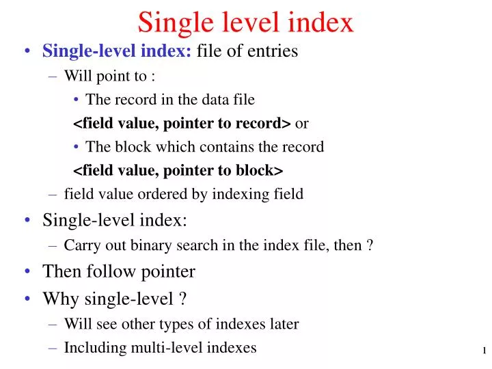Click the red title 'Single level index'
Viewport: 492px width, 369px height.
coord(245,23)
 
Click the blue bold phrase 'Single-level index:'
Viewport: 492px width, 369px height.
coord(117,51)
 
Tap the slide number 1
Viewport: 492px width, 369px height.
coord(484,351)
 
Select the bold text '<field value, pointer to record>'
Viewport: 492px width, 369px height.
coord(182,123)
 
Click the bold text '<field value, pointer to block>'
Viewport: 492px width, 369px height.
coord(178,170)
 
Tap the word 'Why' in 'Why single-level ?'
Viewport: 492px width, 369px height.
coord(57,299)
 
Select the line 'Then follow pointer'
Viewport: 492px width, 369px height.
coord(119,271)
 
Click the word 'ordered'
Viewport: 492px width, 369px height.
coord(164,194)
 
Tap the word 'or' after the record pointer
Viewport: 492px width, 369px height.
coord(302,123)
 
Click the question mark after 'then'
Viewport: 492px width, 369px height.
coord(370,245)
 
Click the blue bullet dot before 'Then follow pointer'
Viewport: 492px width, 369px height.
coord(27,272)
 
